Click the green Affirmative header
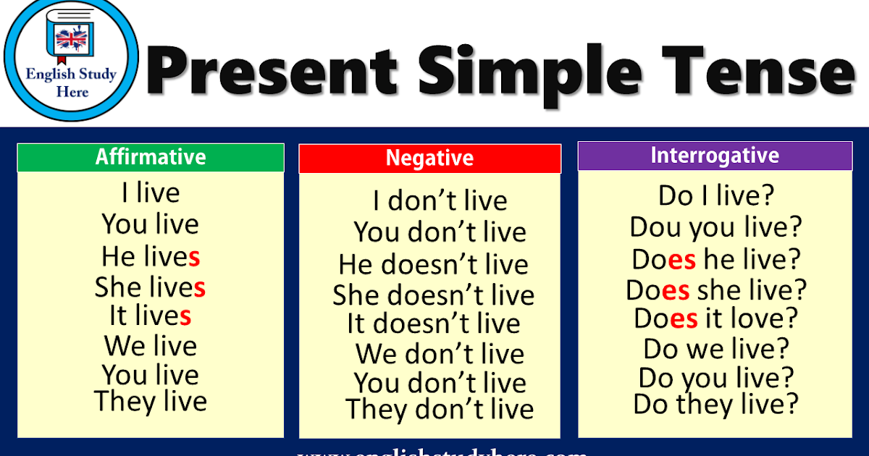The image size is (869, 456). [x=151, y=157]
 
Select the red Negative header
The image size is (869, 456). [x=429, y=159]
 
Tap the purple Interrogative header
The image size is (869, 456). [x=715, y=156]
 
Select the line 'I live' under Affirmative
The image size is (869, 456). [x=151, y=193]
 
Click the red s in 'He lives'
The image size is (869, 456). [x=194, y=257]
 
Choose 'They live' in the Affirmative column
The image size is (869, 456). [x=151, y=401]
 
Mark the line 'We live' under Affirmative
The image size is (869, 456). [x=151, y=346]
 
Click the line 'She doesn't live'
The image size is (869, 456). [x=433, y=295]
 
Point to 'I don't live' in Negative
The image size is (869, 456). [x=440, y=200]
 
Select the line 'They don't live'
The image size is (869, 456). [x=440, y=410]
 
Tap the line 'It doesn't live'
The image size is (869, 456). [x=433, y=324]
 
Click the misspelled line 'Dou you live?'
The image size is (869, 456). [x=715, y=227]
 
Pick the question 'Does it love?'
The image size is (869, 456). [x=715, y=318]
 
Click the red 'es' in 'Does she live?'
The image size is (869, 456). [x=676, y=291]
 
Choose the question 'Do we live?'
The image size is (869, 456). [x=715, y=349]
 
